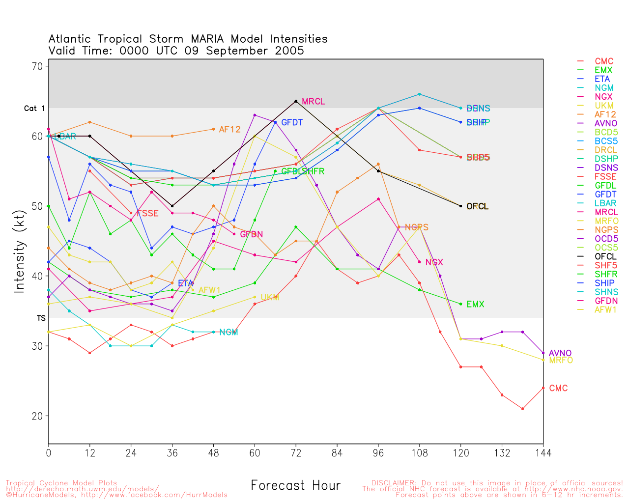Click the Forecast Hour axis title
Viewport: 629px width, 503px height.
click(x=295, y=486)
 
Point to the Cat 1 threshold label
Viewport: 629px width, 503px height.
click(x=34, y=109)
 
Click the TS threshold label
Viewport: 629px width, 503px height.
click(x=41, y=318)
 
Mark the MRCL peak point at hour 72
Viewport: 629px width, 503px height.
click(x=296, y=101)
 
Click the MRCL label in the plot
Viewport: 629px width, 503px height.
click(x=313, y=102)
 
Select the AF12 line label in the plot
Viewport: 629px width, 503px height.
click(x=229, y=130)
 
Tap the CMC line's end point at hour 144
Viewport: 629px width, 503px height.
click(x=543, y=388)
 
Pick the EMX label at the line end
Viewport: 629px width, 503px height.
click(x=475, y=305)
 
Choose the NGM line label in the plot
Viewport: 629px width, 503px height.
click(x=229, y=333)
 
